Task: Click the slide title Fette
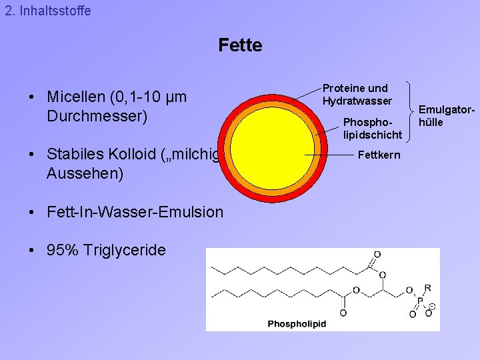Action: tap(240, 45)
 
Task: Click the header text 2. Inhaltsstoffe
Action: tap(47, 11)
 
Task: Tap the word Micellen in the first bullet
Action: tap(77, 97)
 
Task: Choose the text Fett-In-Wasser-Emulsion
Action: tap(135, 212)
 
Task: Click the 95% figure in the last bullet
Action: tap(62, 251)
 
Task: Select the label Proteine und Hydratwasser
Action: tap(357, 95)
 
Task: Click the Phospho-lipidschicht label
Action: tap(372, 129)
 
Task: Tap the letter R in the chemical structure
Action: tap(427, 288)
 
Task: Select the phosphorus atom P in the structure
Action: tap(419, 301)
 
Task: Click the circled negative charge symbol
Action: tap(431, 307)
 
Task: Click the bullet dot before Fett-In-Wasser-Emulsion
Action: tap(33, 212)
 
